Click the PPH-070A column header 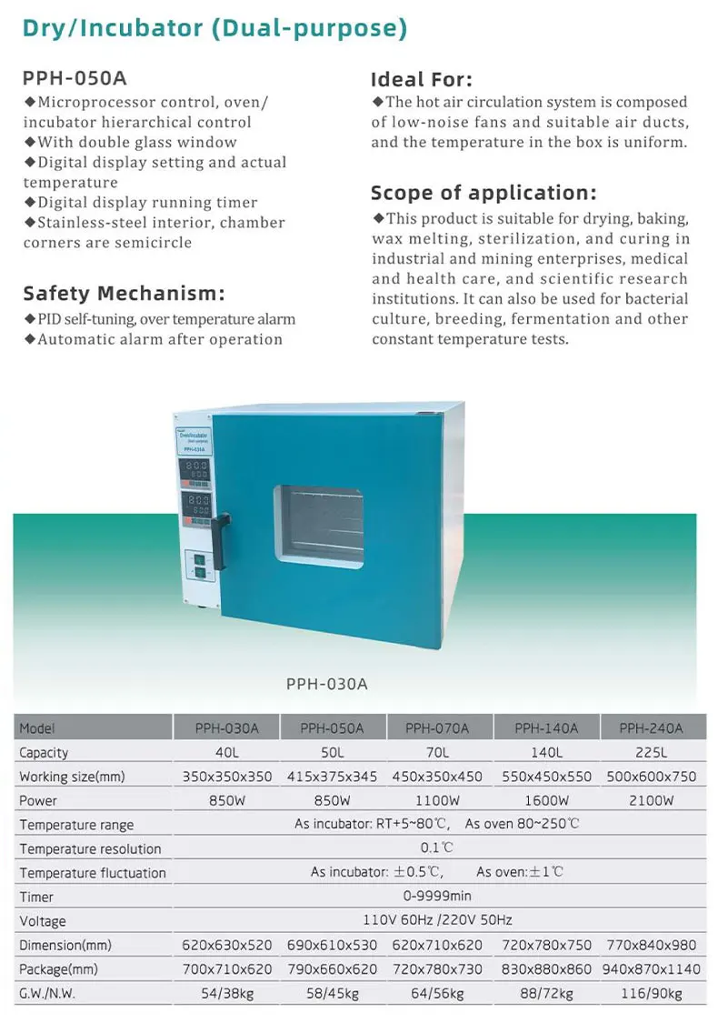[x=437, y=727]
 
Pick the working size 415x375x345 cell [x=332, y=777]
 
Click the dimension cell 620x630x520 [x=227, y=945]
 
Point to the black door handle [x=219, y=543]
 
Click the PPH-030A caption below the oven [x=327, y=683]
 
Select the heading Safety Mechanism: [x=124, y=293]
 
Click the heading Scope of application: [x=484, y=193]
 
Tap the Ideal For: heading [x=422, y=79]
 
